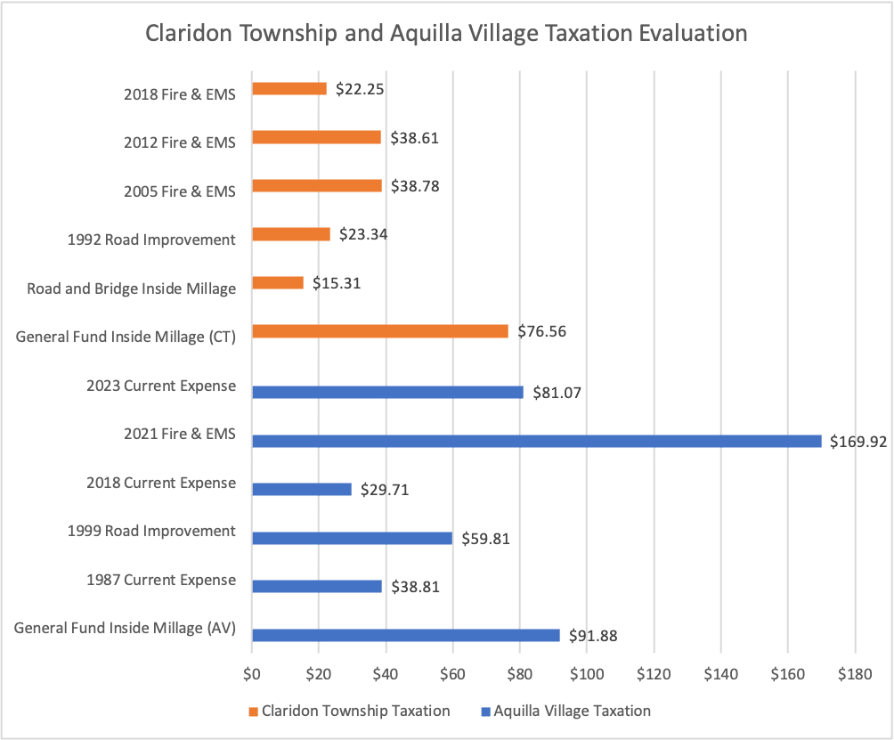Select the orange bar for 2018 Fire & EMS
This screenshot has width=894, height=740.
point(289,89)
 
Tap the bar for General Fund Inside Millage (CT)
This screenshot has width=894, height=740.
point(380,331)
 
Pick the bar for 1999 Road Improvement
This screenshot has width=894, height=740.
point(352,538)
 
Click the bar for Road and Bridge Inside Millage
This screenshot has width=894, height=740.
point(278,282)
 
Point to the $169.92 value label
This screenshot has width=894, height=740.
point(858,441)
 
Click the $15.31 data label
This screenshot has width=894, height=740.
point(337,283)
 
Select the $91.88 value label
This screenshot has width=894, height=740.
point(593,636)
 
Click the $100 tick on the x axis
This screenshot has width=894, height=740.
point(587,673)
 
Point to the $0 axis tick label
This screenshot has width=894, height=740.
point(252,673)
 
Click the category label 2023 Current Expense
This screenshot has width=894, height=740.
point(161,386)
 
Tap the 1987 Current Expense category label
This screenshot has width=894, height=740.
point(161,580)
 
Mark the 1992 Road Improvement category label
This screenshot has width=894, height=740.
point(151,239)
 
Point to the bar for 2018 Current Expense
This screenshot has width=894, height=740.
point(302,489)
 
